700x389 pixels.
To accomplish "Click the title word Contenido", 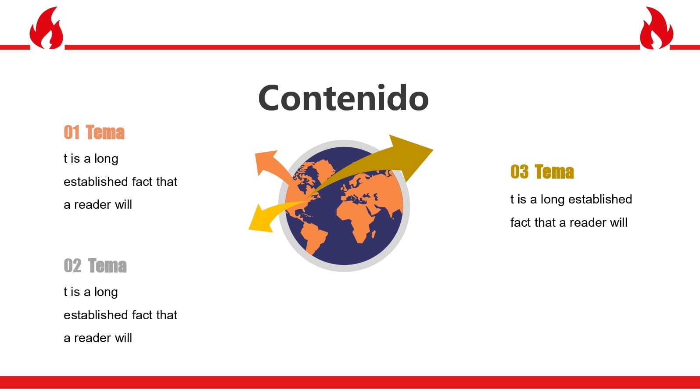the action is [x=344, y=98].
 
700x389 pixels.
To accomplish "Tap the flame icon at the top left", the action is [x=47, y=28].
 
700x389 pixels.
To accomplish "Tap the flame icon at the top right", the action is [x=657, y=28].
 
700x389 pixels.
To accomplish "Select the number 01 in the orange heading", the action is [x=72, y=132].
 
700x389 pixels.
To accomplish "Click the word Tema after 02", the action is [x=107, y=266].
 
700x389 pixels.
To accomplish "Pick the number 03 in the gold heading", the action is [x=519, y=172].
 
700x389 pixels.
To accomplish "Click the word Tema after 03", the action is [x=554, y=172].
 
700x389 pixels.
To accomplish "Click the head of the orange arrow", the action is [x=266, y=162].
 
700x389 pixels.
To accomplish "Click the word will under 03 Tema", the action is [x=619, y=223].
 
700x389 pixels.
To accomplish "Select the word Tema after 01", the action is [x=105, y=132].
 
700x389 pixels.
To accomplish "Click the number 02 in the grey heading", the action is [x=72, y=266].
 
